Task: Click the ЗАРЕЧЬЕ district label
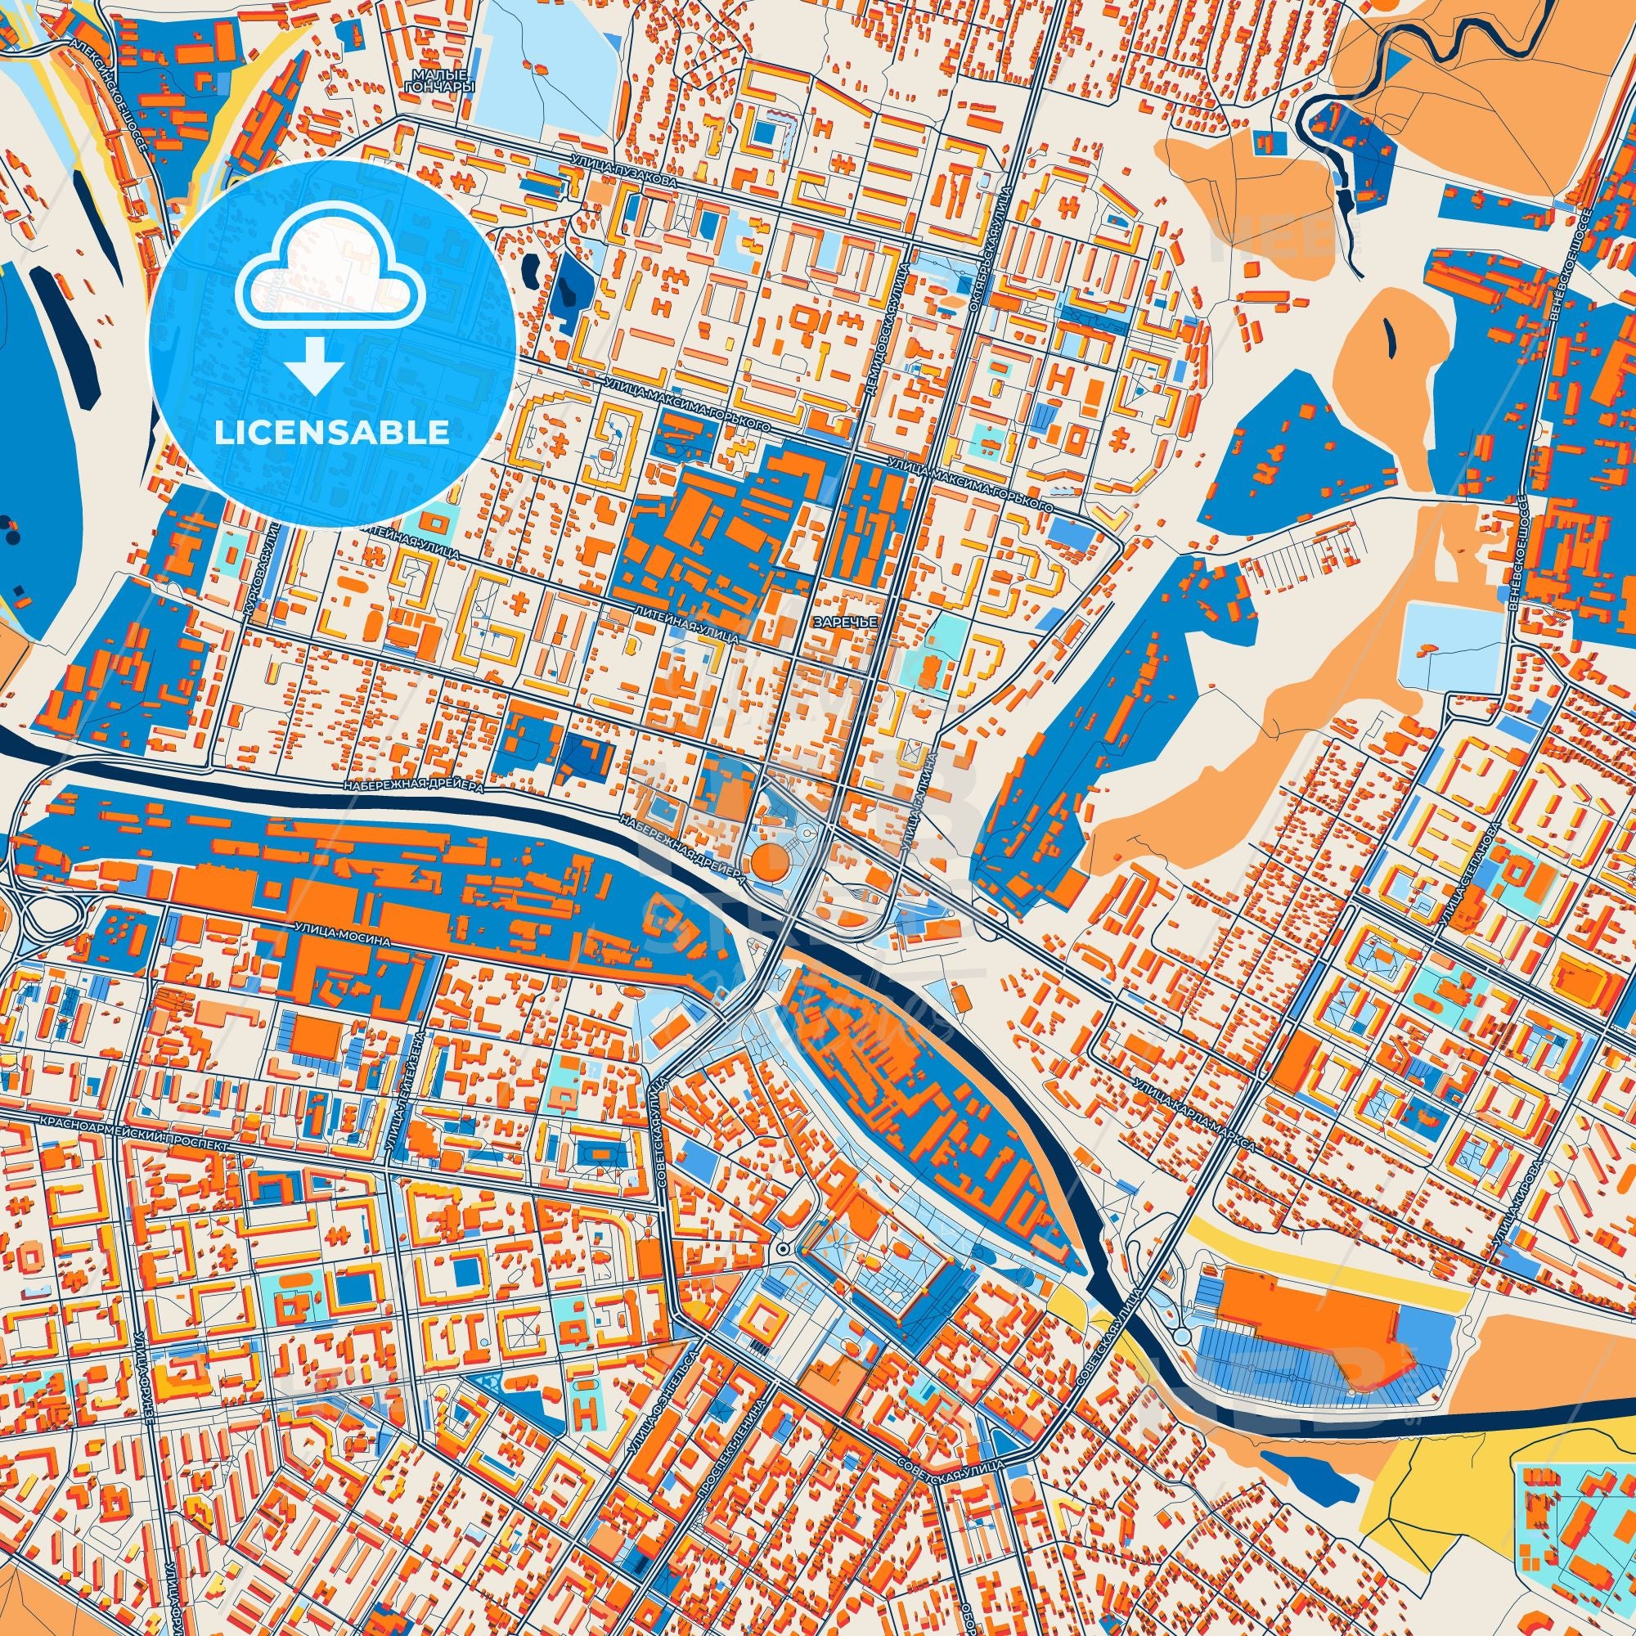pyautogui.click(x=842, y=621)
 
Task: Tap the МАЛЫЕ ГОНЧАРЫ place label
pyautogui.click(x=440, y=81)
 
